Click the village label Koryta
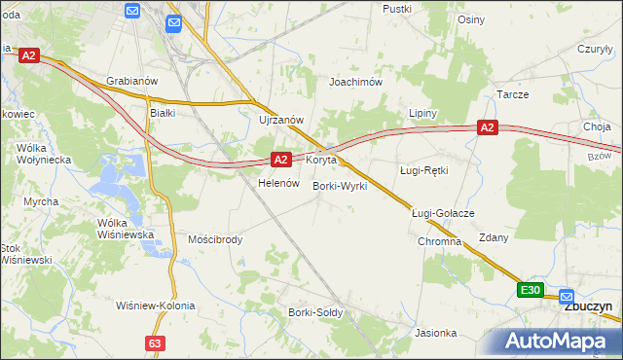coord(321,159)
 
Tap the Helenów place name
coord(276,183)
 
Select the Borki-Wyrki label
coord(340,185)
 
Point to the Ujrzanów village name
coord(282,120)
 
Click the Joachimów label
coord(356,83)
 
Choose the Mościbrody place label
coord(215,238)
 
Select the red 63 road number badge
coord(155,343)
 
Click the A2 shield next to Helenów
coord(280,159)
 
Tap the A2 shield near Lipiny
coord(488,127)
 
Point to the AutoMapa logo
coord(563,341)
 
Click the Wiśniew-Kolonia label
coord(155,306)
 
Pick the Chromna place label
coord(439,241)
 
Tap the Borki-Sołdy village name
coord(313,312)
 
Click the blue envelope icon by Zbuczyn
coord(567,298)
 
